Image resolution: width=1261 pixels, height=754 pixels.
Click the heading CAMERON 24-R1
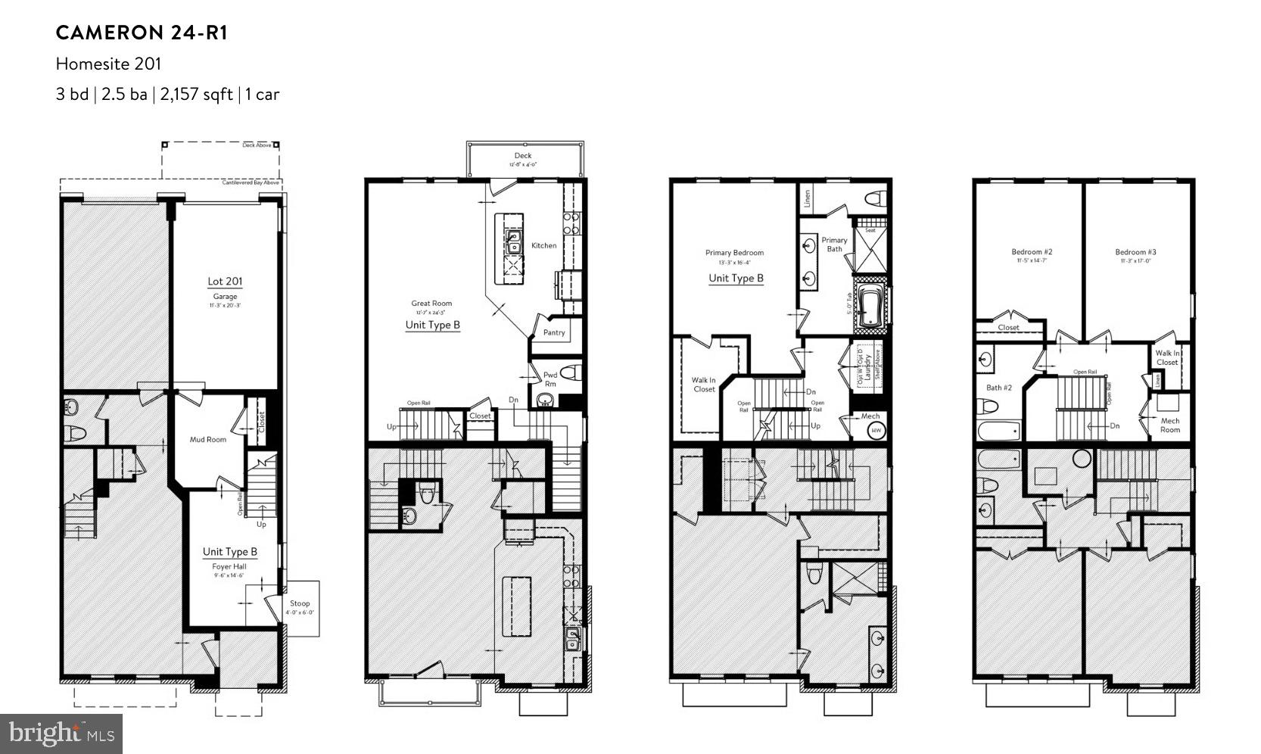pos(142,33)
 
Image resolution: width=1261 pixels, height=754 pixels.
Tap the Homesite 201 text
pos(108,64)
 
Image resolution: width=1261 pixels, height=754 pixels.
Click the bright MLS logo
pos(61,734)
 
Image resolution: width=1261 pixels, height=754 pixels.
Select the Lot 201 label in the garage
pos(225,282)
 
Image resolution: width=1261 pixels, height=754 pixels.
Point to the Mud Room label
pos(207,439)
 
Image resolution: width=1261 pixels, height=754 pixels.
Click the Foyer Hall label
pos(229,566)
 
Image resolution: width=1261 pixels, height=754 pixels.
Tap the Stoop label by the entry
pos(300,603)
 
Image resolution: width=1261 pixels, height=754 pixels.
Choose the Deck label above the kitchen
pos(523,156)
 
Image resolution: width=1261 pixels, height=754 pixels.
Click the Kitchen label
pos(543,245)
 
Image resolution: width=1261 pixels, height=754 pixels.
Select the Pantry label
pos(554,332)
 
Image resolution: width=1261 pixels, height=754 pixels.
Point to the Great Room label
pos(431,304)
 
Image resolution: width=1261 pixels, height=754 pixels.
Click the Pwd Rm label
pos(550,379)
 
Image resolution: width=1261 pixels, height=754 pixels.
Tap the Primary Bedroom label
pos(734,253)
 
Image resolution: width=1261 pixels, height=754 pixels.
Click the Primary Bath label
pos(834,245)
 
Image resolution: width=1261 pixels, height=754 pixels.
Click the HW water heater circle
pos(876,431)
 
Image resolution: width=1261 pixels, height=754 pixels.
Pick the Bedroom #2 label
pos(1032,252)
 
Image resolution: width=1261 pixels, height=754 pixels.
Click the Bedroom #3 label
pos(1135,252)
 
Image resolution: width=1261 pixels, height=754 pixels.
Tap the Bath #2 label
pos(998,388)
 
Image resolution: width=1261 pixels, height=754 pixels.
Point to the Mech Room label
pos(1169,425)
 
